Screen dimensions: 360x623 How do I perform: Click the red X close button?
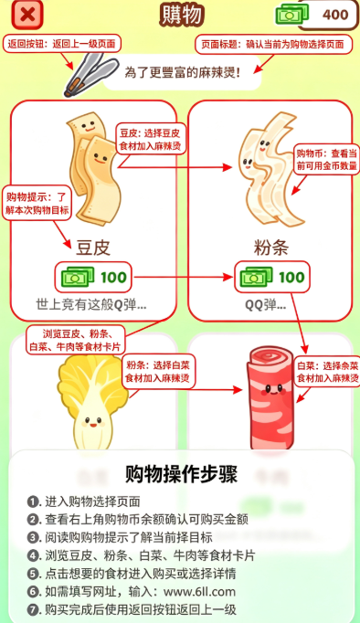(x=27, y=15)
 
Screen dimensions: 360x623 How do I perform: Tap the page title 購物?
(x=182, y=16)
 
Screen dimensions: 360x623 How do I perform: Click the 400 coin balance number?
(x=335, y=15)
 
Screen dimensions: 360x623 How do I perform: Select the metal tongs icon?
(x=91, y=75)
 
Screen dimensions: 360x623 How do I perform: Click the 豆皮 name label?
(x=93, y=248)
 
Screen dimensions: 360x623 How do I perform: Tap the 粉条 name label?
(x=270, y=248)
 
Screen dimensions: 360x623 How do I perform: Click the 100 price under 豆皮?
(x=113, y=277)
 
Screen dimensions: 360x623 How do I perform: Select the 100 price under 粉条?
(x=291, y=277)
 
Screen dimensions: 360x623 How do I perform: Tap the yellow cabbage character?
(x=93, y=401)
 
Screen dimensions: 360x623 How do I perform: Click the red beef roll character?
(x=270, y=398)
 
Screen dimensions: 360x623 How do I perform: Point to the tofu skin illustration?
(x=93, y=168)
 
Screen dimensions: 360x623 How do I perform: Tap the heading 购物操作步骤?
(x=181, y=473)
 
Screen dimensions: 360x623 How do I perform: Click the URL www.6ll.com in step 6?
(x=199, y=592)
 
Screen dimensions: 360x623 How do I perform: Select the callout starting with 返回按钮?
(x=61, y=44)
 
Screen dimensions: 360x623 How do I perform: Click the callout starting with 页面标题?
(x=274, y=44)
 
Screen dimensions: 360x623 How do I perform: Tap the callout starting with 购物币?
(x=326, y=159)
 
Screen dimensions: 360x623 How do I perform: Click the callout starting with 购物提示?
(x=37, y=204)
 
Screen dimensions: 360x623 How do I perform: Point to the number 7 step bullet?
(x=34, y=609)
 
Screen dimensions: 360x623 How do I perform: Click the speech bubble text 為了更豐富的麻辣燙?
(x=183, y=73)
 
